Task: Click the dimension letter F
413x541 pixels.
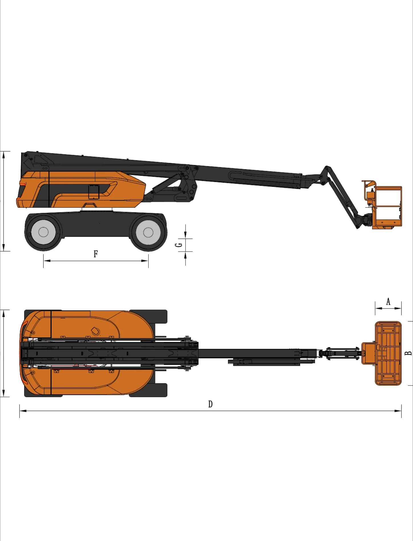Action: (x=96, y=254)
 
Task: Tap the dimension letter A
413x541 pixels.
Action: (x=388, y=302)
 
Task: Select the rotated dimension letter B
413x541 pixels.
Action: (x=408, y=353)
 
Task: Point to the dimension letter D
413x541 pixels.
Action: (x=210, y=404)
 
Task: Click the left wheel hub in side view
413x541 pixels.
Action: (x=43, y=232)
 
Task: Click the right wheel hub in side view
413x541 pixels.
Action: (x=148, y=232)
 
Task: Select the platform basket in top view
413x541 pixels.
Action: (x=388, y=353)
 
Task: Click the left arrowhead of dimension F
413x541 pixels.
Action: (x=47, y=261)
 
